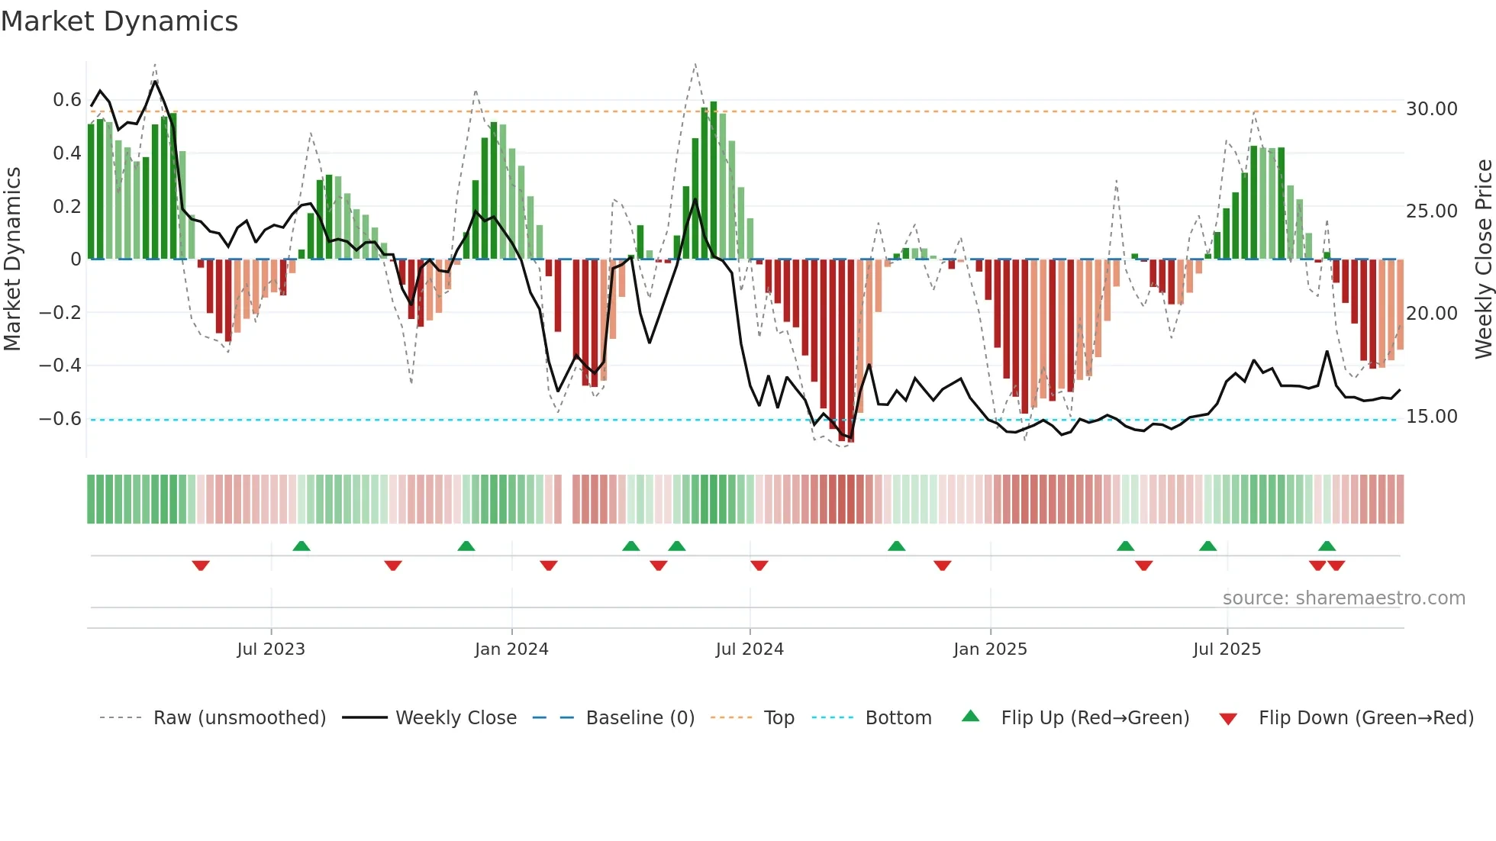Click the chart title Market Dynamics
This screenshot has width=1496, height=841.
119,21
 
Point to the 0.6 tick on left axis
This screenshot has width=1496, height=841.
67,100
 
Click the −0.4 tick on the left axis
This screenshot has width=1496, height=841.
60,366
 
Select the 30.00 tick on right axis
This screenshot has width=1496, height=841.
1431,109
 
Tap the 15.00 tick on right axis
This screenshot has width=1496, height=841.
1431,417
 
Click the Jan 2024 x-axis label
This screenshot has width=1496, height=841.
511,649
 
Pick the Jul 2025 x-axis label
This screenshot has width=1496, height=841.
1227,649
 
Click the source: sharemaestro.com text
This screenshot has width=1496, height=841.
1343,598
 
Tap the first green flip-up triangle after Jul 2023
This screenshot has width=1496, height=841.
301,546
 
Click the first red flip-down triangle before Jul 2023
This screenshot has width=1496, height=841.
201,565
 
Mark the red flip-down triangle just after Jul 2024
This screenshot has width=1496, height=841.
759,565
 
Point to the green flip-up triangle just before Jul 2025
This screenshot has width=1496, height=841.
1207,546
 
